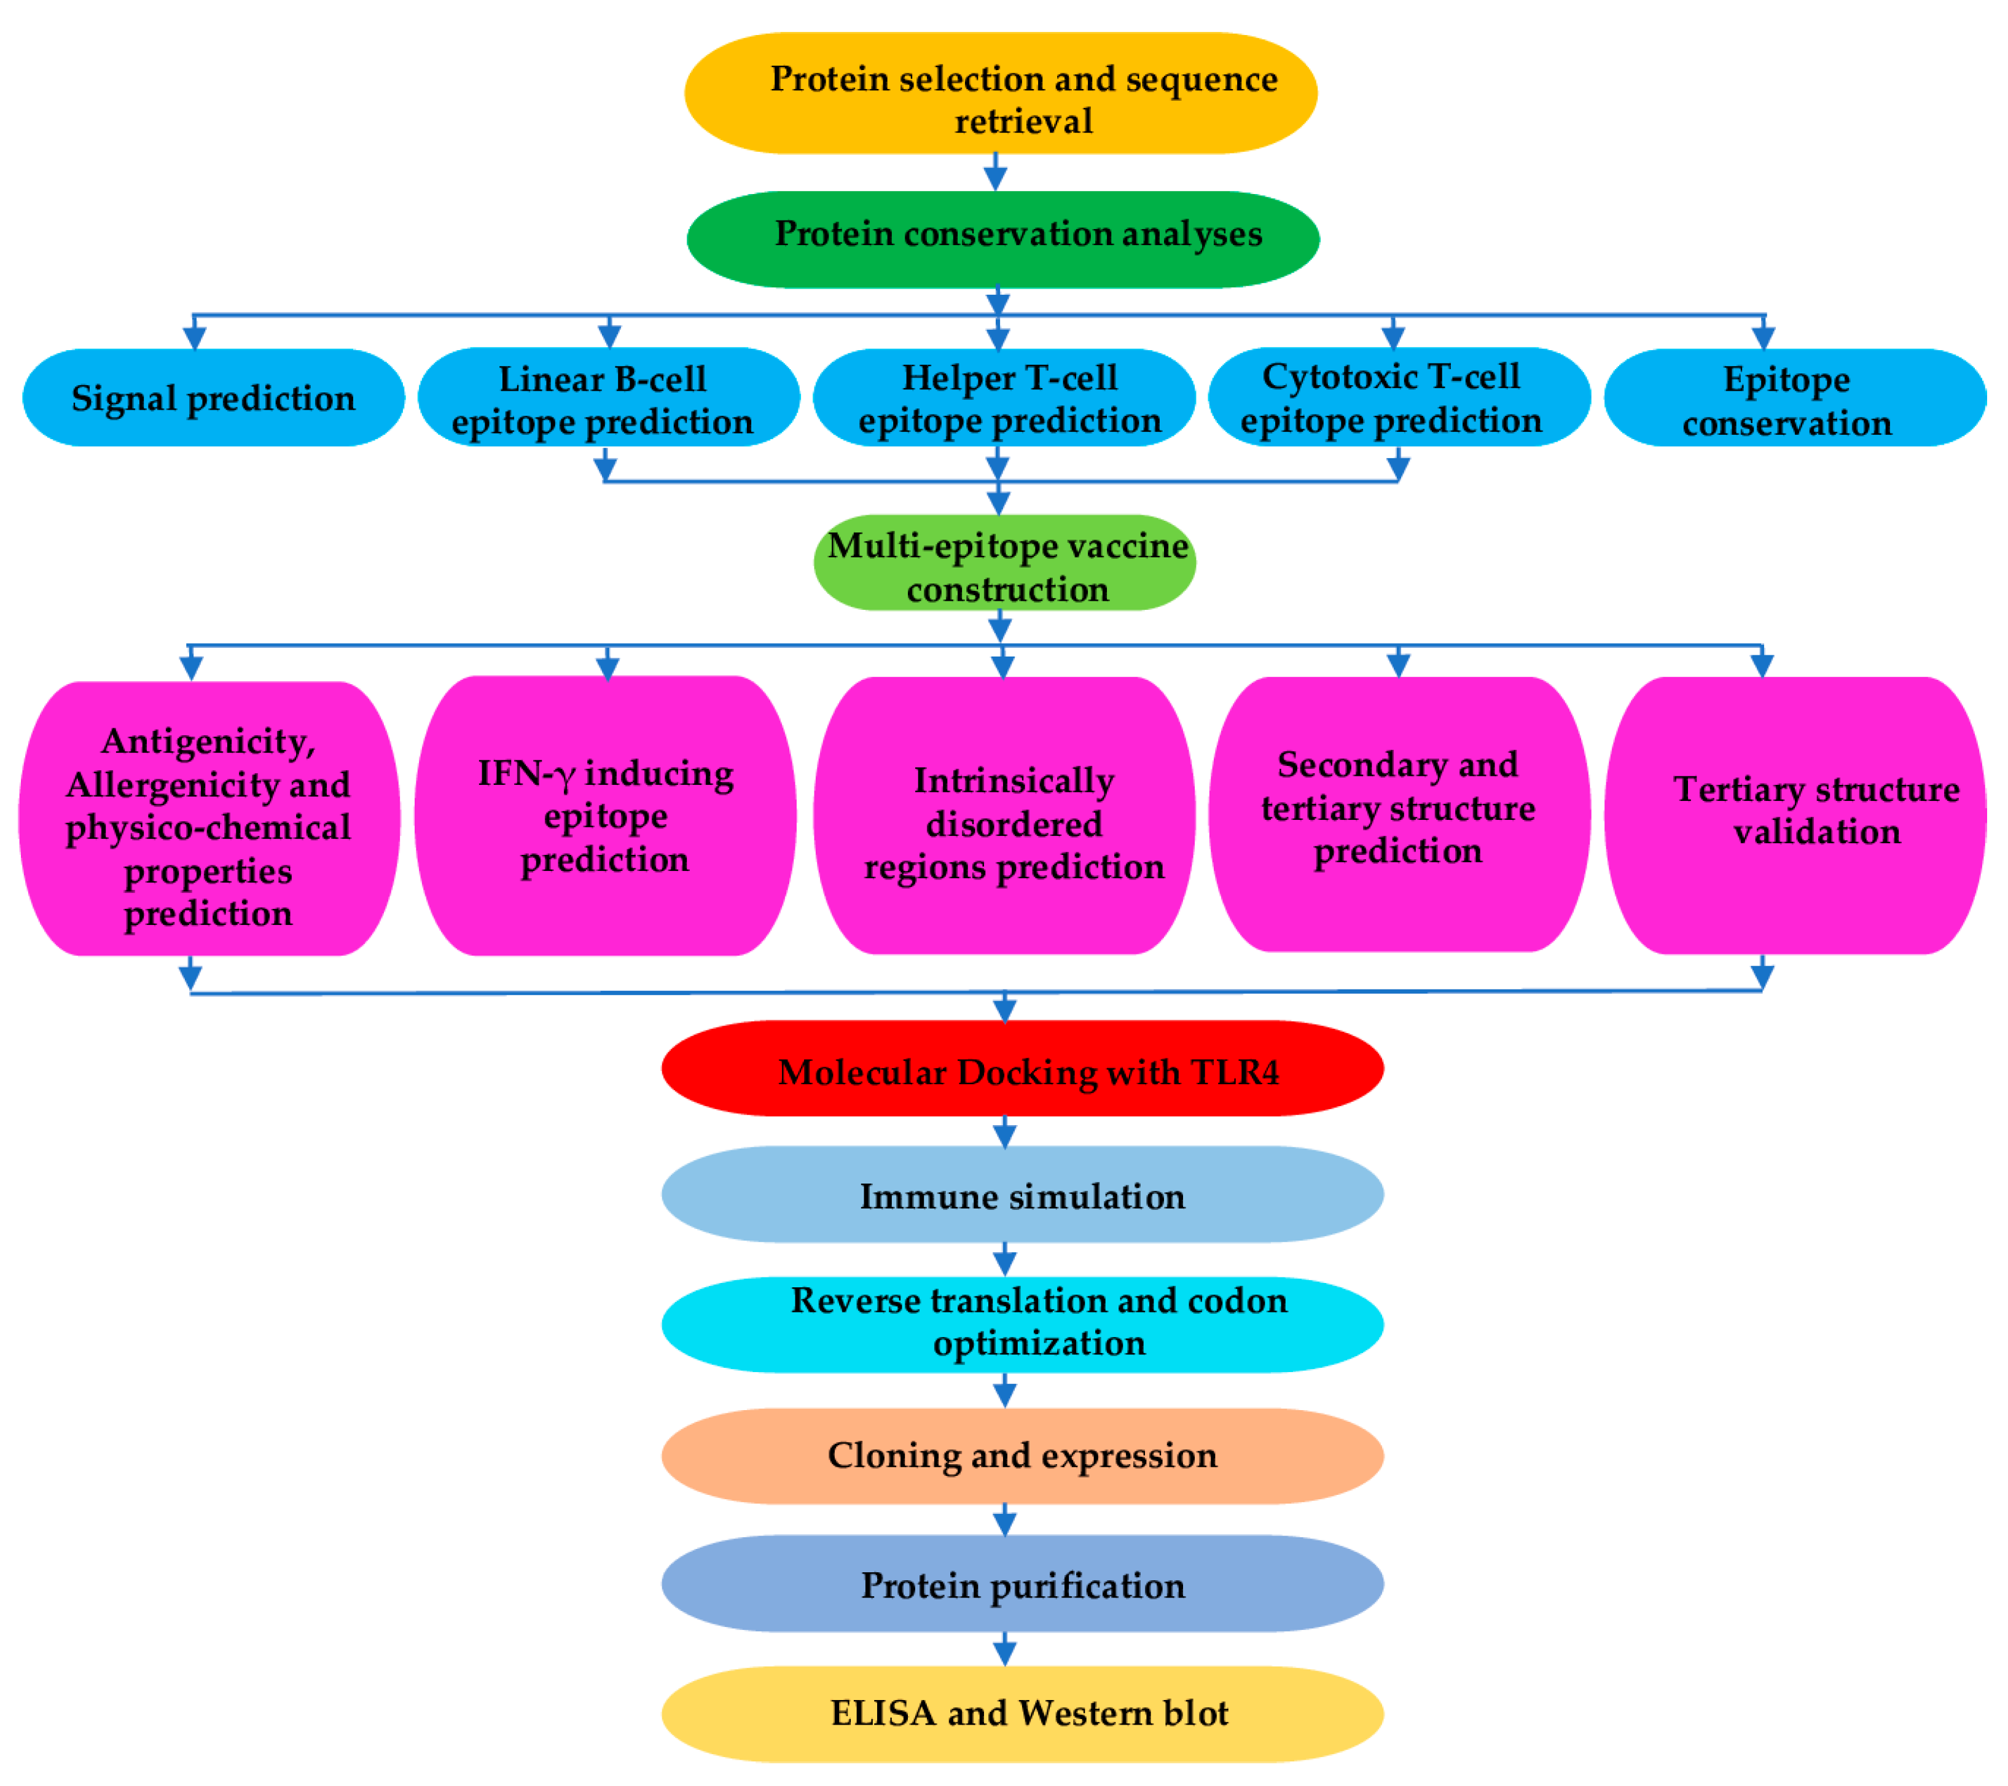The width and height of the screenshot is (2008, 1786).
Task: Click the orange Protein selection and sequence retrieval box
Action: point(1000,93)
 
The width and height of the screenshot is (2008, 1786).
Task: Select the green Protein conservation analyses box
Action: point(1002,239)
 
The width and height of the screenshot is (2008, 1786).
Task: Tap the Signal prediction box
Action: point(213,398)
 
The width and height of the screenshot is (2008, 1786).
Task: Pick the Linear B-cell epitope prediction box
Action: point(608,398)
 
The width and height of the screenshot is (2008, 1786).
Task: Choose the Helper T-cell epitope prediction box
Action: point(1004,398)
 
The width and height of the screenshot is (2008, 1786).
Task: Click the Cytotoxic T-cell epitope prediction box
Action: point(1398,398)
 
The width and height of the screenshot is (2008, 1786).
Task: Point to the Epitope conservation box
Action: point(1794,398)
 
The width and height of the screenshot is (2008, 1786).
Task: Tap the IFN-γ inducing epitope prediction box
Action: point(605,816)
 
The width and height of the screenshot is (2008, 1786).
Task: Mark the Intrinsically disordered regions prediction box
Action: point(1004,816)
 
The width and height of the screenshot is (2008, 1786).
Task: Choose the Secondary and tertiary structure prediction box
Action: point(1398,813)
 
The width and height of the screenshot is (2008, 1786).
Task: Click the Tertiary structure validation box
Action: point(1794,816)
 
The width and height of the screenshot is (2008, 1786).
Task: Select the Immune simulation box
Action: point(1022,1195)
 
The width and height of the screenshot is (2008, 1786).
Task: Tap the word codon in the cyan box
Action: point(1237,1300)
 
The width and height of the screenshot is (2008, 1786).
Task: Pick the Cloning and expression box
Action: point(1022,1455)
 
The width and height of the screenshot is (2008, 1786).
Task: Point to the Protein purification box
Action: point(1022,1585)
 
